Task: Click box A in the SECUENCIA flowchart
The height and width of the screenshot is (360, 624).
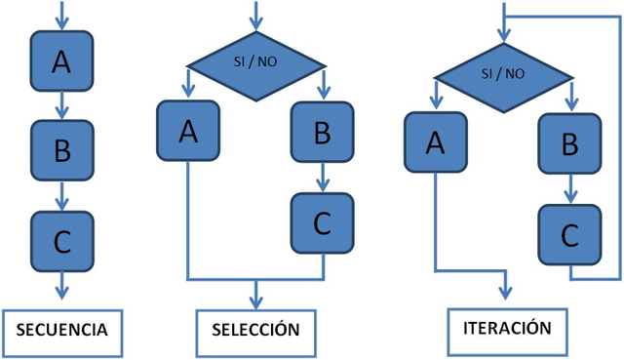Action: coord(61,61)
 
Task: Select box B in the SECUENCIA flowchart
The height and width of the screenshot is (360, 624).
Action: coord(61,150)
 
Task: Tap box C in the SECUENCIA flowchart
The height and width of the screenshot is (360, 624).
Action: coord(61,241)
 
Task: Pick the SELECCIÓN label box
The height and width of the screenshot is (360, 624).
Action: coord(255,329)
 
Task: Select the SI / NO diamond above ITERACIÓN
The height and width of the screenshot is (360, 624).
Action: coord(503,74)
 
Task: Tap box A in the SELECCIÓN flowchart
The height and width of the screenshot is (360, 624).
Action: coord(187,132)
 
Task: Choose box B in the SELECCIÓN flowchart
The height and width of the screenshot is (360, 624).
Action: coord(322,132)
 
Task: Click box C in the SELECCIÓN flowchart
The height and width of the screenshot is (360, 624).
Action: coord(322,223)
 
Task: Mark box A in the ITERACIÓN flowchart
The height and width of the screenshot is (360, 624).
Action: coord(436,142)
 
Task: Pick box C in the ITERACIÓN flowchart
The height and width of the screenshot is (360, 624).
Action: coord(570,234)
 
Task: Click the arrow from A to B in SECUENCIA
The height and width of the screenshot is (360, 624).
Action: coord(61,106)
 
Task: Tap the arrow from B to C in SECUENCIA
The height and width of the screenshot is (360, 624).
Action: coord(61,196)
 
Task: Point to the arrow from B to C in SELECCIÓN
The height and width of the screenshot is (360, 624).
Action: coord(322,178)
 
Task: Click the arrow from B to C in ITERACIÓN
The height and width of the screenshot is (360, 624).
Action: coord(570,188)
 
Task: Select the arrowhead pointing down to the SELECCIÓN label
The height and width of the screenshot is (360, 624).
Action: coord(255,300)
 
